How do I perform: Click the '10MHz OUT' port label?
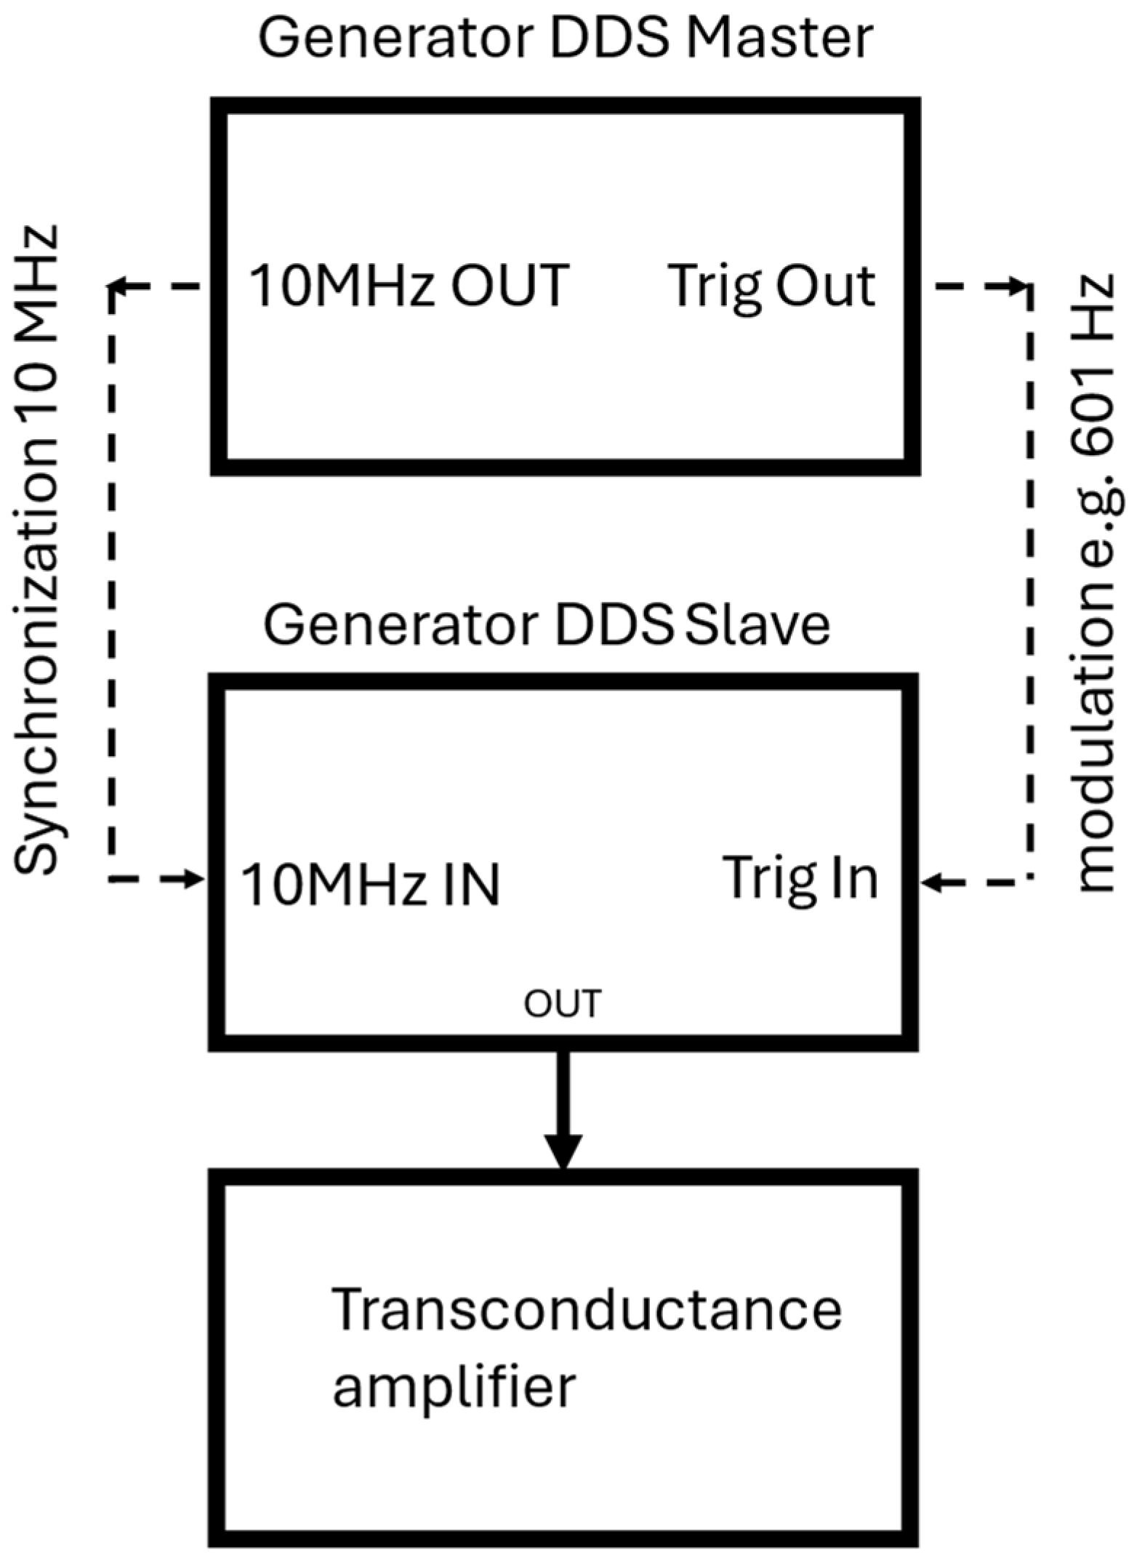(409, 286)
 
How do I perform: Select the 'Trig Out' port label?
(772, 286)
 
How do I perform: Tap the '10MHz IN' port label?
(370, 885)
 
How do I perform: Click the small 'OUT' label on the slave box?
(563, 1004)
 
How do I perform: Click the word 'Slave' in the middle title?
(758, 624)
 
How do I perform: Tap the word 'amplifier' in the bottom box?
(454, 1387)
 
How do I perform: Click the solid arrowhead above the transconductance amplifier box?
(563, 1152)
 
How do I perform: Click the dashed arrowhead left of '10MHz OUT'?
(121, 288)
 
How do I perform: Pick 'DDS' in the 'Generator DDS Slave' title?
(614, 624)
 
